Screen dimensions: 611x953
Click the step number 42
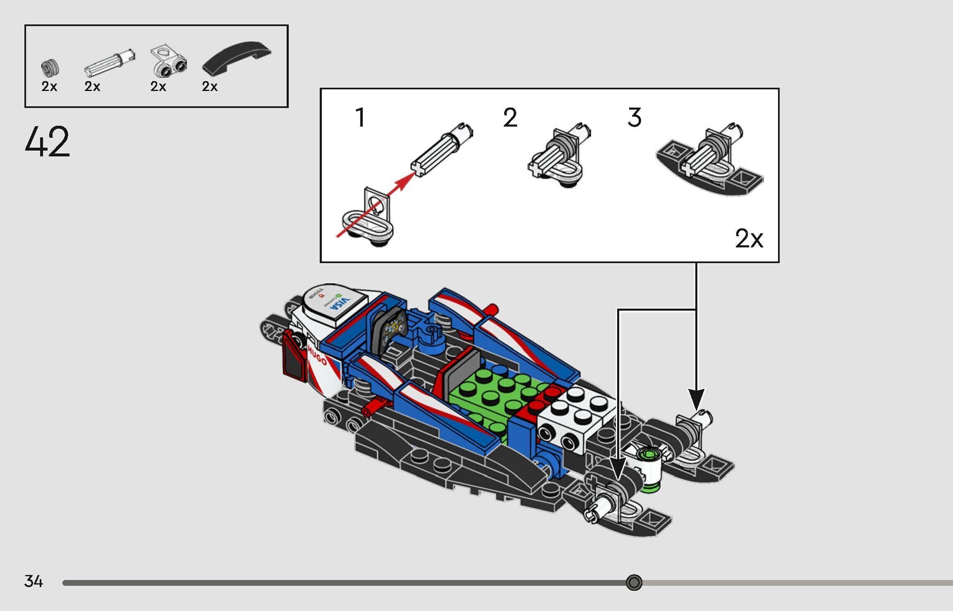pos(47,142)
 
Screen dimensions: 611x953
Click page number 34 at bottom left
pos(34,581)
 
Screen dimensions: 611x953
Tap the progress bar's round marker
pos(634,582)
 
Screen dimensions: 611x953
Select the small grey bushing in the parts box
pos(50,68)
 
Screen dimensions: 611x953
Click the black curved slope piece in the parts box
pos(236,58)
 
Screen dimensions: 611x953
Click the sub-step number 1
pos(360,117)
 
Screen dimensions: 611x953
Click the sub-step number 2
pos(510,117)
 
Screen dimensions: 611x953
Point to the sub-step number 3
pos(635,117)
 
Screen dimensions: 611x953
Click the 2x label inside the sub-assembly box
pos(749,239)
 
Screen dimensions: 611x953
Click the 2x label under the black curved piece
pos(210,86)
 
